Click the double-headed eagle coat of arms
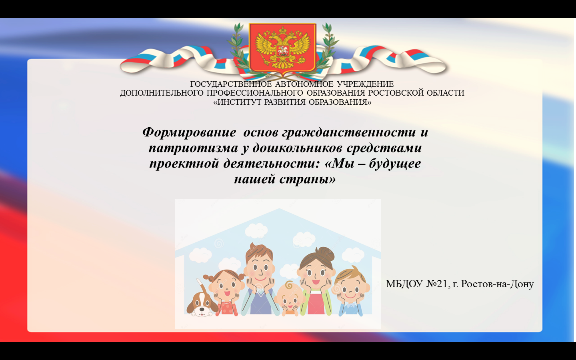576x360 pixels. tap(282, 48)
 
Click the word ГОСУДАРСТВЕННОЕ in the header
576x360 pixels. tap(231, 84)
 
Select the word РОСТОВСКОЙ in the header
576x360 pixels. tap(396, 93)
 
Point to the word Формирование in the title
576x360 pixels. tap(189, 132)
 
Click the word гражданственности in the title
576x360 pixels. tap(349, 133)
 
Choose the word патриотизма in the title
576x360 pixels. tap(193, 148)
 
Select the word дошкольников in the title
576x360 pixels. tap(297, 148)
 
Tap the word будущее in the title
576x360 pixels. tap(395, 164)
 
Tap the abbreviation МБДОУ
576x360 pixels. tap(404, 284)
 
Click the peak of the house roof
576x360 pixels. tap(280, 208)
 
